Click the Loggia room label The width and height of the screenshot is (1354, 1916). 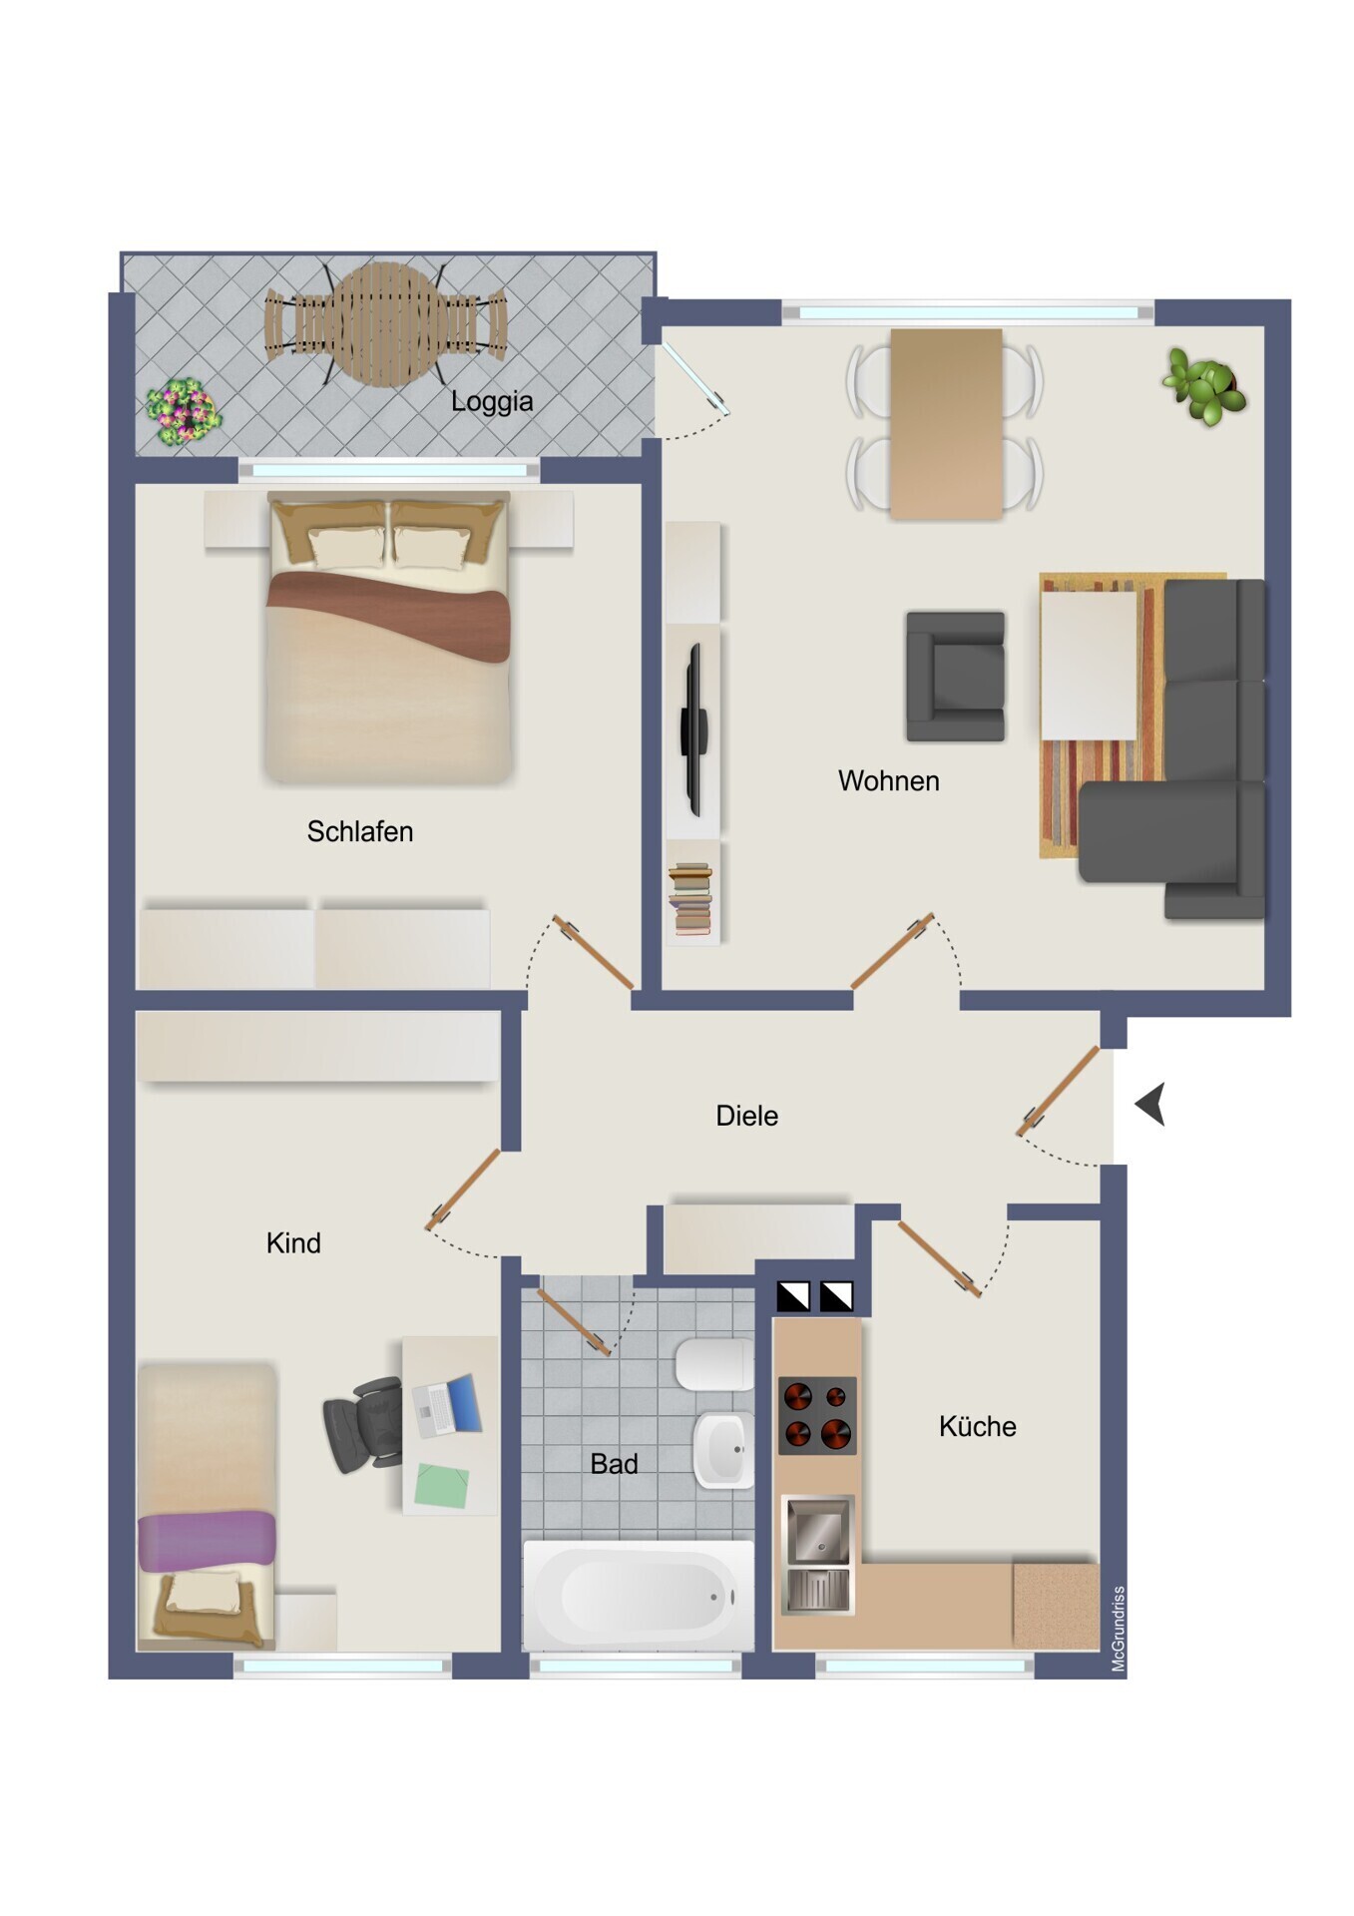pyautogui.click(x=491, y=402)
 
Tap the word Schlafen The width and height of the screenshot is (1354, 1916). pyautogui.click(x=359, y=831)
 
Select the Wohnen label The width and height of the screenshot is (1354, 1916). pyautogui.click(x=888, y=780)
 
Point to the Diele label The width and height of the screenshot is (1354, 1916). pyautogui.click(x=746, y=1116)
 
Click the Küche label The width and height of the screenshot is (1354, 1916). pyautogui.click(x=977, y=1426)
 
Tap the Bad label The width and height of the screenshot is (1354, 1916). pyautogui.click(x=614, y=1464)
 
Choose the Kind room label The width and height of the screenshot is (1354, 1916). pyautogui.click(x=293, y=1243)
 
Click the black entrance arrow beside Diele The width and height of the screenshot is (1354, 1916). pyautogui.click(x=1150, y=1105)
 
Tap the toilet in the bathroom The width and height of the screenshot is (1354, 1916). pyautogui.click(x=714, y=1364)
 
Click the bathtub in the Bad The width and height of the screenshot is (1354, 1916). pyautogui.click(x=639, y=1595)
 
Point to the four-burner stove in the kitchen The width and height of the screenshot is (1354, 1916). pyautogui.click(x=817, y=1415)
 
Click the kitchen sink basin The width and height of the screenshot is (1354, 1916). pyautogui.click(x=818, y=1530)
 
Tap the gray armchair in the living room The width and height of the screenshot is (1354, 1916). pyautogui.click(x=955, y=677)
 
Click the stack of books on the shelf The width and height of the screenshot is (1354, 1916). pyautogui.click(x=690, y=900)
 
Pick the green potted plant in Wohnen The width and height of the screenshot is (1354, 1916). pyautogui.click(x=1204, y=386)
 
